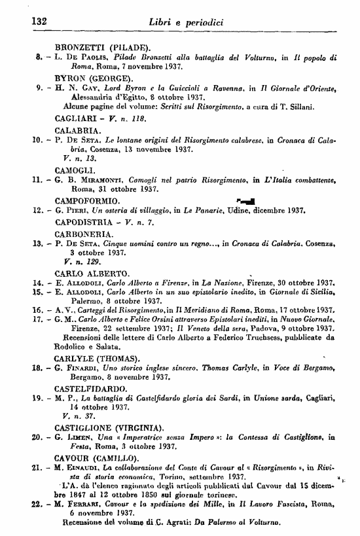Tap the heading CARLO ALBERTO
pyautogui.click(x=96, y=272)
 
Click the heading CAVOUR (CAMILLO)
pyautogui.click(x=105, y=458)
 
